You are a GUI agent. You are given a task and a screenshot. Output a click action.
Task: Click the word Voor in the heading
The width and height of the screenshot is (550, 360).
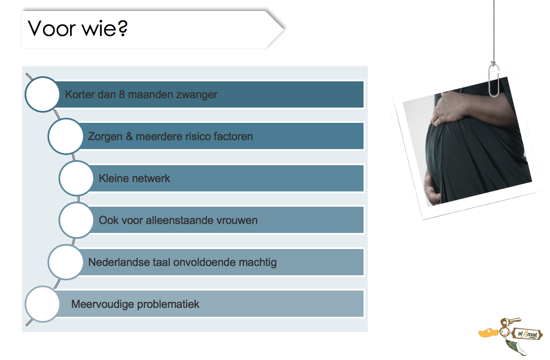click(52, 28)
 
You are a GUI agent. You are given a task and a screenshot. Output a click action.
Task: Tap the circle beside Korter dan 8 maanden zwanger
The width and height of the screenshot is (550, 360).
click(42, 94)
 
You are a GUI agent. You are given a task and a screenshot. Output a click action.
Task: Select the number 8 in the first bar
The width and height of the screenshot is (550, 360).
click(122, 94)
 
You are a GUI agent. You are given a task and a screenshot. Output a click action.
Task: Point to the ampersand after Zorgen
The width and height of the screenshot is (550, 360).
click(129, 136)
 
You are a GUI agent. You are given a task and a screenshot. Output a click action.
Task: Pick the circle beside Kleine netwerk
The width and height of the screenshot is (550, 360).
click(76, 178)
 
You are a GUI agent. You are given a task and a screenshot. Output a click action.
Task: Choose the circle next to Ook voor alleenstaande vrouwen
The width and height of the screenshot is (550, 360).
click(76, 220)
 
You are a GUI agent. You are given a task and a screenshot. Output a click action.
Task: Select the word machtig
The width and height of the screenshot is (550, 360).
click(258, 263)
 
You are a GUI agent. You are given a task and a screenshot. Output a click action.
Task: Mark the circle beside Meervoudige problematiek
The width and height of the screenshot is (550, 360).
click(42, 304)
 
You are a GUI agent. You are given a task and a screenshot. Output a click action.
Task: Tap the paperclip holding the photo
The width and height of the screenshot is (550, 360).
click(494, 80)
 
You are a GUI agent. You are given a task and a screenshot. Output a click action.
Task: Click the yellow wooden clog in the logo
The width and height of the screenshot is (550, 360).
click(488, 332)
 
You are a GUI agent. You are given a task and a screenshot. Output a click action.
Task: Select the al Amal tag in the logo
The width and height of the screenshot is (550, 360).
click(528, 334)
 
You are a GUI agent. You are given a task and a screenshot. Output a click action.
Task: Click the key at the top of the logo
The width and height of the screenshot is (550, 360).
click(510, 322)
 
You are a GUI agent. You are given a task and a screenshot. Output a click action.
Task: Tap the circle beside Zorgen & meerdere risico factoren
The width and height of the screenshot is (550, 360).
click(66, 136)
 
